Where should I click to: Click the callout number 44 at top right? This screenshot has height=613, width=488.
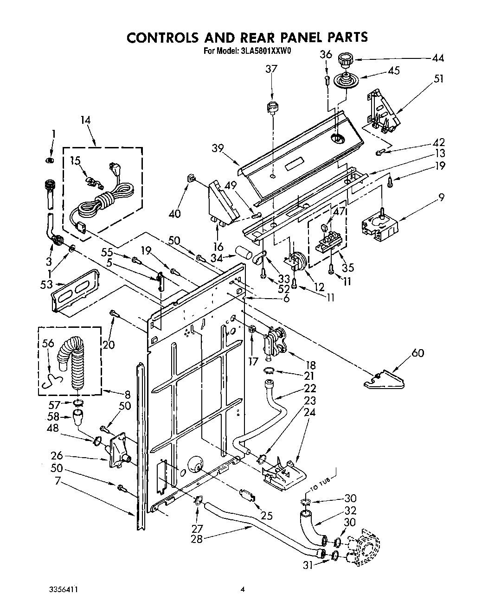[x=437, y=58]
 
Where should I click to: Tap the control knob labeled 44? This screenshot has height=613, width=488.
[x=344, y=60]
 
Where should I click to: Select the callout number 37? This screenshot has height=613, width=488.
[x=271, y=70]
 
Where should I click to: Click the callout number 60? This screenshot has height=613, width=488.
[x=418, y=354]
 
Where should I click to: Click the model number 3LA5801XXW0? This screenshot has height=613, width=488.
[x=265, y=52]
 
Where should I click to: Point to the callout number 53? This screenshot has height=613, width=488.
[x=46, y=284]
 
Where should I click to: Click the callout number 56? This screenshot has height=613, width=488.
[x=48, y=344]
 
